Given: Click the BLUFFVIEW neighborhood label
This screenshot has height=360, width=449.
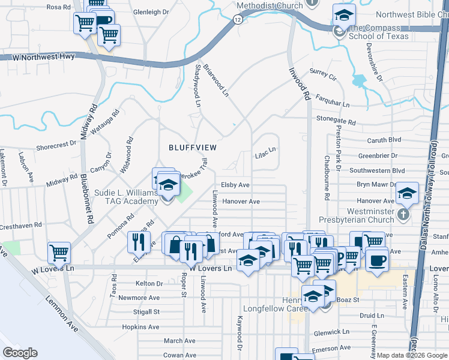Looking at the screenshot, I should point(192,147).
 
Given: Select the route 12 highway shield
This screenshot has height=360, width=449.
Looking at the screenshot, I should point(238,20).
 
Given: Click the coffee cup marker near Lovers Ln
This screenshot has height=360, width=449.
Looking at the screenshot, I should point(377,262).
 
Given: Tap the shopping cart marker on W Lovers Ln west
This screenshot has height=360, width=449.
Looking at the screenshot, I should point(59,253).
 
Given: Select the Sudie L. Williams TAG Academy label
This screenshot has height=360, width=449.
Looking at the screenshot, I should point(126,197).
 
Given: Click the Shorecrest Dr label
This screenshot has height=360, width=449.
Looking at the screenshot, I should point(57,145).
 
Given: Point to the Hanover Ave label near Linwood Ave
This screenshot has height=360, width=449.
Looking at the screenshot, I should point(241,202).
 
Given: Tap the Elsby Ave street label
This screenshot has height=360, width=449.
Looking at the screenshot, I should point(235,185).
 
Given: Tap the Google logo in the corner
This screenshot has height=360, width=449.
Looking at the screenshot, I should point(20,353).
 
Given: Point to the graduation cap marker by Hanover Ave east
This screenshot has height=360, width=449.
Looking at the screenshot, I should point(407,193).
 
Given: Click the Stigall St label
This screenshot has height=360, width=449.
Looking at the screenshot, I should point(146,312).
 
